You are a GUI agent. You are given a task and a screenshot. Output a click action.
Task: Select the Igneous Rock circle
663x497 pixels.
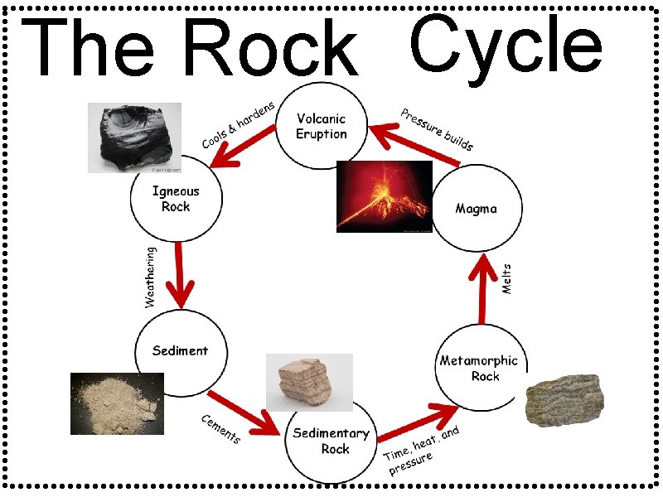click(x=175, y=200)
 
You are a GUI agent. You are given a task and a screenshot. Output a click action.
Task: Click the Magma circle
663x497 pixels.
click(x=477, y=208)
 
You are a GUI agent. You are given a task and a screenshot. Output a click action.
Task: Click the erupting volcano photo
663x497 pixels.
click(x=384, y=197)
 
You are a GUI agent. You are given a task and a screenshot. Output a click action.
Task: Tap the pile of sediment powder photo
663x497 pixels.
click(x=117, y=403)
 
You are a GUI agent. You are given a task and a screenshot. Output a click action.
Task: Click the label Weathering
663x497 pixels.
click(x=150, y=277)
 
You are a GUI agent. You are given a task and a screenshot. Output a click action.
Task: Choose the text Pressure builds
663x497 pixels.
click(x=437, y=128)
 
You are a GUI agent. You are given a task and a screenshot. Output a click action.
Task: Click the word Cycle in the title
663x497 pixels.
click(x=506, y=47)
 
